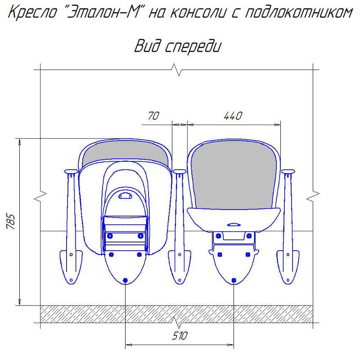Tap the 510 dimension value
pyautogui.click(x=180, y=336)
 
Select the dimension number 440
pyautogui.click(x=233, y=116)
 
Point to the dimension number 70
pyautogui.click(x=153, y=116)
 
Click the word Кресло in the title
pyautogui.click(x=34, y=13)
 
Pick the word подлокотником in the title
pyautogui.click(x=299, y=13)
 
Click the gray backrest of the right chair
pyautogui.click(x=234, y=175)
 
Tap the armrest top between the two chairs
pyautogui.click(x=180, y=172)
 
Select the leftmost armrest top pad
pyautogui.click(x=71, y=171)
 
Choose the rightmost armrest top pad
pyautogui.click(x=288, y=171)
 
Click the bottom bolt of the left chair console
pyautogui.click(x=125, y=280)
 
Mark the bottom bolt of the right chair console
pyautogui.click(x=234, y=280)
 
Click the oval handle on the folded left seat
pyautogui.click(x=125, y=196)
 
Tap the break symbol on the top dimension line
pyautogui.click(x=179, y=71)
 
